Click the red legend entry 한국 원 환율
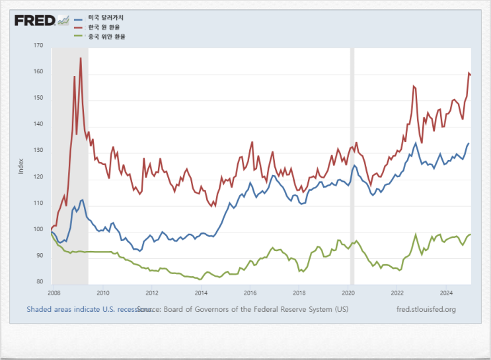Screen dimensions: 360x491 [x=99, y=27]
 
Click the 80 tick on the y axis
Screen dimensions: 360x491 [x=39, y=282]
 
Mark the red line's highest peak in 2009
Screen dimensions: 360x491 [x=81, y=58]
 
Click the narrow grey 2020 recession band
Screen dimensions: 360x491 [x=352, y=165]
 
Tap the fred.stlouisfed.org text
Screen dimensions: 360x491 [x=426, y=308]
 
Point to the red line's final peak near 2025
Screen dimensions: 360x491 [x=469, y=73]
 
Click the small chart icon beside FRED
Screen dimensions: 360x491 [x=64, y=20]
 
